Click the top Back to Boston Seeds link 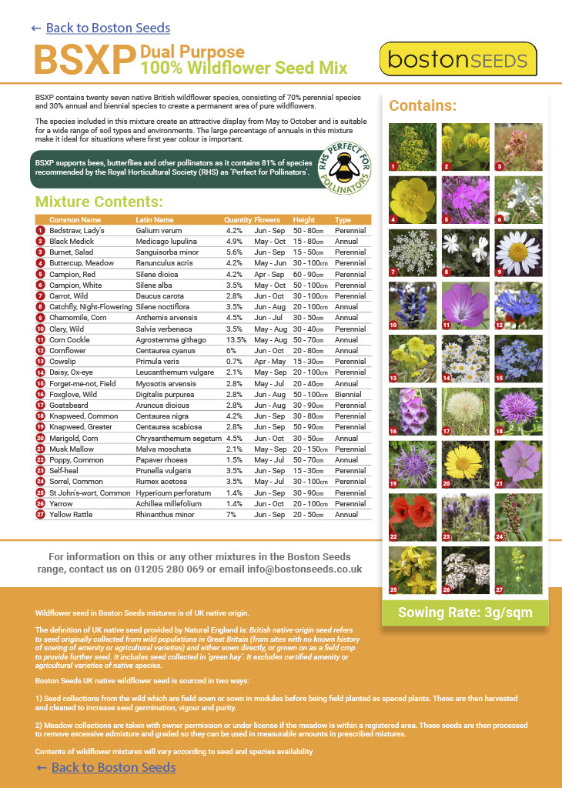[107, 28]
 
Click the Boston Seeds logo [458, 59]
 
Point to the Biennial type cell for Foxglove [348, 394]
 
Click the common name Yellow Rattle [71, 514]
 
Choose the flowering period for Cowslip [269, 361]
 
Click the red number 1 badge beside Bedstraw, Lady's [40, 230]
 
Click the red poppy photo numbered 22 [412, 517]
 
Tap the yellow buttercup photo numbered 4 [412, 200]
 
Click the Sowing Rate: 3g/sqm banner [464, 613]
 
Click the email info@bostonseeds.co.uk [303, 569]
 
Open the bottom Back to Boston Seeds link [113, 767]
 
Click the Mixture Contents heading [99, 202]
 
